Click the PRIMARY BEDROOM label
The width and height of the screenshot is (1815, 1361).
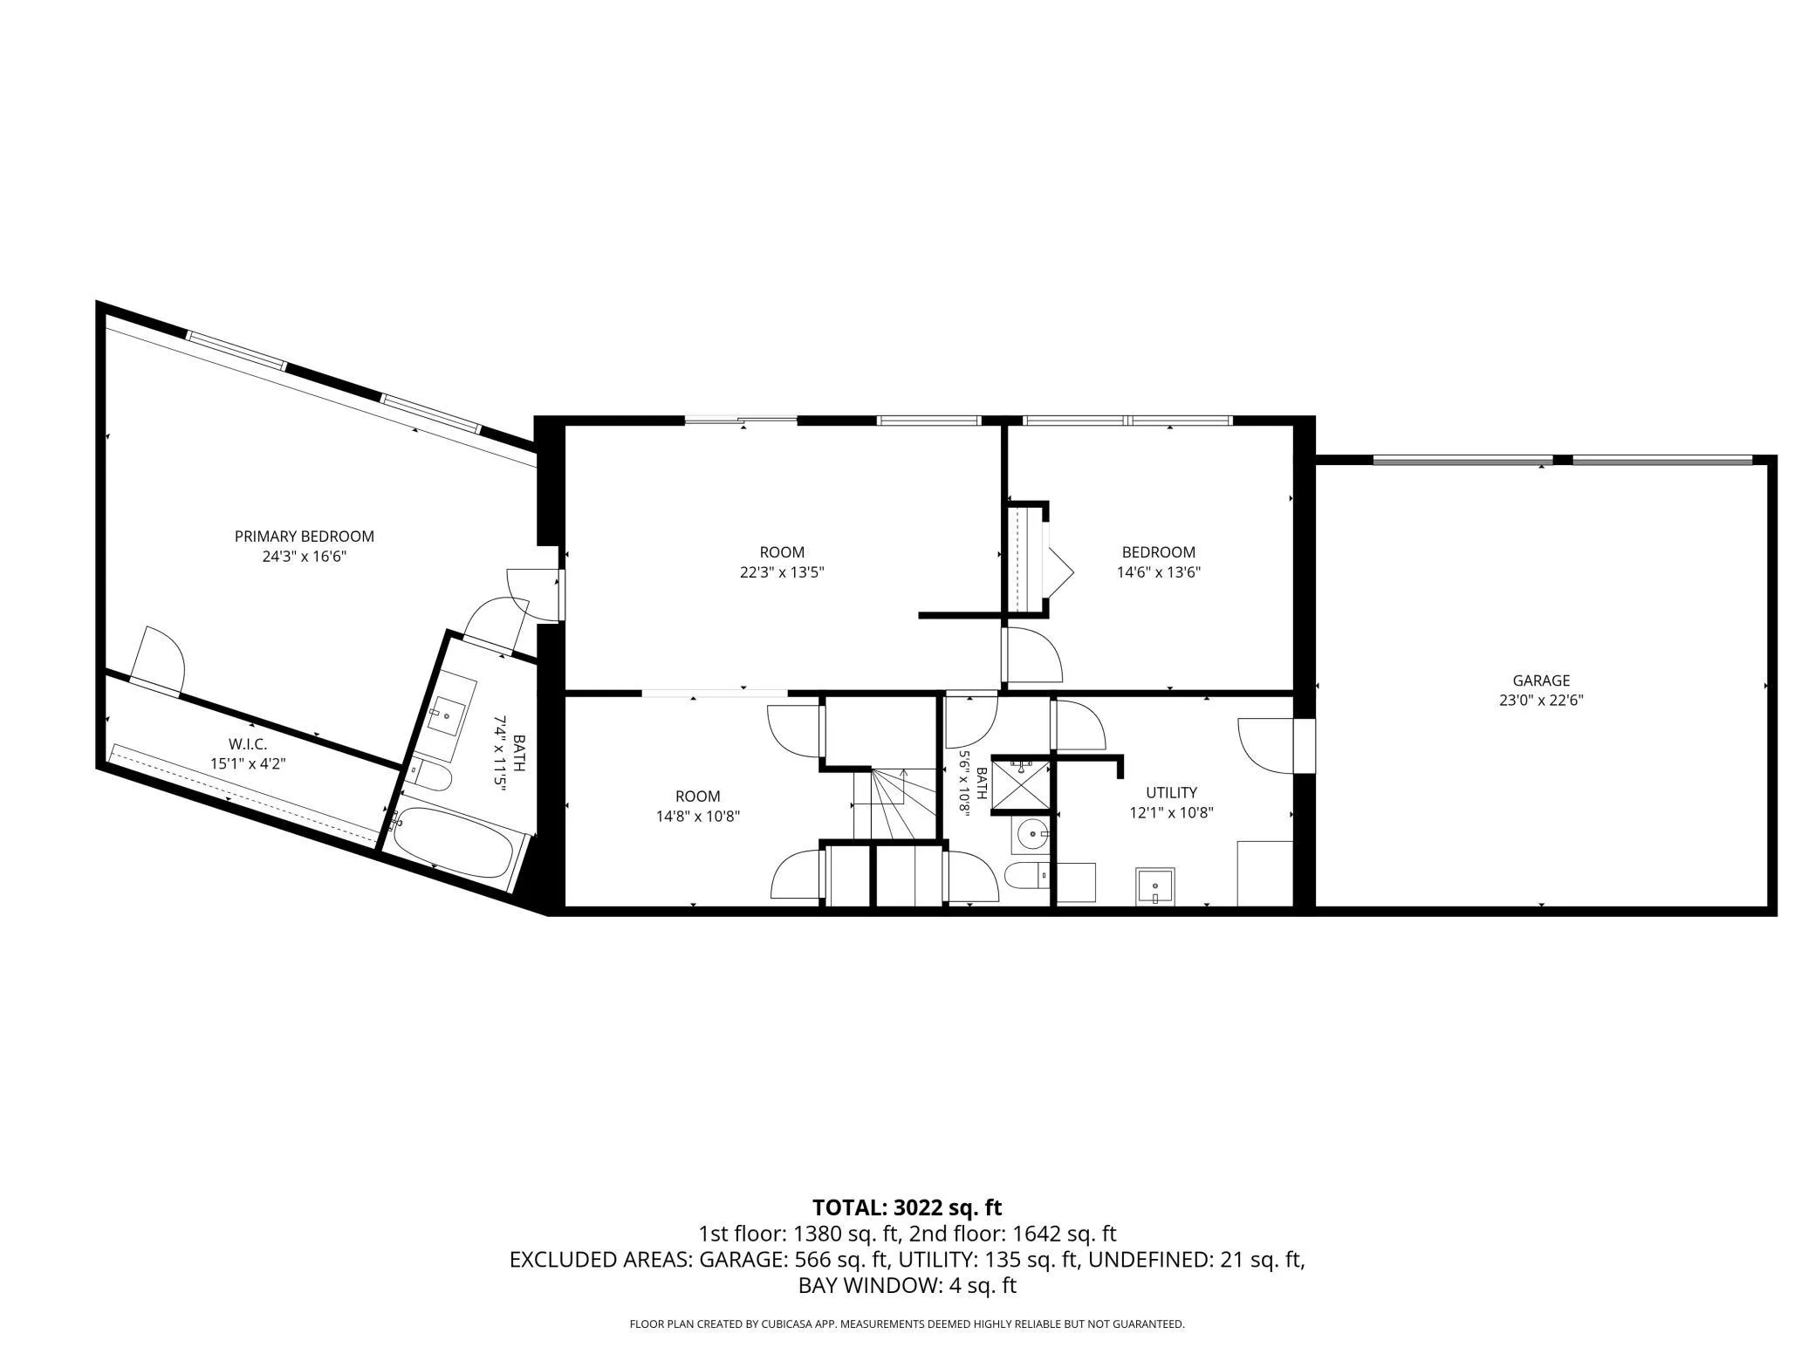(x=305, y=537)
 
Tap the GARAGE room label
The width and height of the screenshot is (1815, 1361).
(x=1541, y=680)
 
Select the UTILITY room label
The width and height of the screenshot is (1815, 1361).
(x=1171, y=792)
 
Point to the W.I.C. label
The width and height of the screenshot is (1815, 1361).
(x=248, y=744)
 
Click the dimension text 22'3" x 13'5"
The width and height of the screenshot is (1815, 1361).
(x=782, y=572)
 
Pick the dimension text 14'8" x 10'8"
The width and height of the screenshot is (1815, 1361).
(x=698, y=817)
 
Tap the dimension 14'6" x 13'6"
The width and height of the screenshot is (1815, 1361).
(x=1158, y=572)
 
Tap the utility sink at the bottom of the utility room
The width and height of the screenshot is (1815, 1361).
(x=1154, y=886)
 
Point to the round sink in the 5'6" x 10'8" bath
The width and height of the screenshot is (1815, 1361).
(x=1032, y=835)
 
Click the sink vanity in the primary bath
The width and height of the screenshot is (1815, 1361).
(x=446, y=715)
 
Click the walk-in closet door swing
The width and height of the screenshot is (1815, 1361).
(x=157, y=660)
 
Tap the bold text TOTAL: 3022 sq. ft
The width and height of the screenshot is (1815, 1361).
(x=907, y=1207)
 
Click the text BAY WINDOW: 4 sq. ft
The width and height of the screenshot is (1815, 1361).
(x=907, y=1285)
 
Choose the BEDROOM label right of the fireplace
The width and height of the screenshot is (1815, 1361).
(x=1158, y=552)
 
